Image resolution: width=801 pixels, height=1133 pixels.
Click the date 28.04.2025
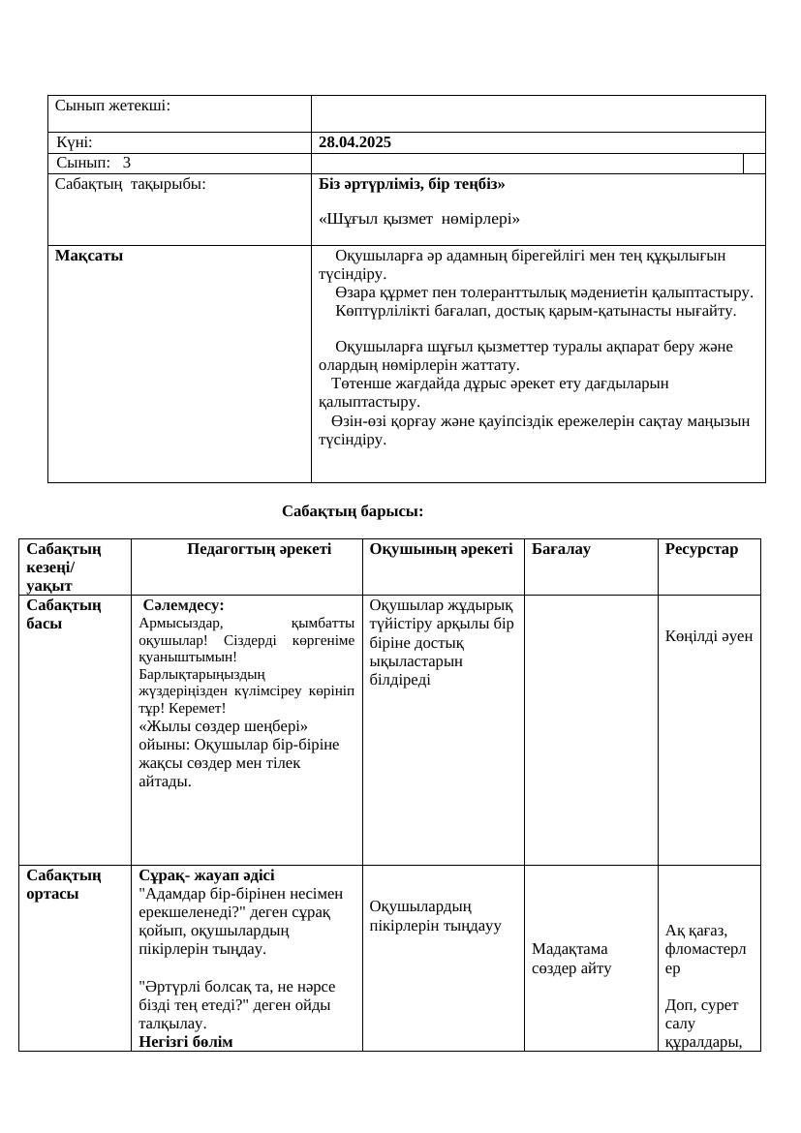coord(354,142)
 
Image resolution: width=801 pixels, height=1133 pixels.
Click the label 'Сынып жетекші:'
coord(112,106)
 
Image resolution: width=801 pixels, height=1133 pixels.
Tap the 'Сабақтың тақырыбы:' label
coord(130,184)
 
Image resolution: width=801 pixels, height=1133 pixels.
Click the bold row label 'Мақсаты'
coord(89,256)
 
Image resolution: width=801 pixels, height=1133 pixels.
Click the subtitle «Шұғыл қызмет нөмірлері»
coord(418,219)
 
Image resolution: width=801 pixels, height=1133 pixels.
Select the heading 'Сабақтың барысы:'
coord(353,510)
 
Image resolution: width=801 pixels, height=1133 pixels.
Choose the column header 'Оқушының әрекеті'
coord(441,549)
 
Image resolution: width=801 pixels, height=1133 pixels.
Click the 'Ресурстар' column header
coord(701,549)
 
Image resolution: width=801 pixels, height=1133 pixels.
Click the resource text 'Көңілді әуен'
coord(709,636)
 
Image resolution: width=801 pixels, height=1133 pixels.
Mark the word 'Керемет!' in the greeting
coord(197,708)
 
